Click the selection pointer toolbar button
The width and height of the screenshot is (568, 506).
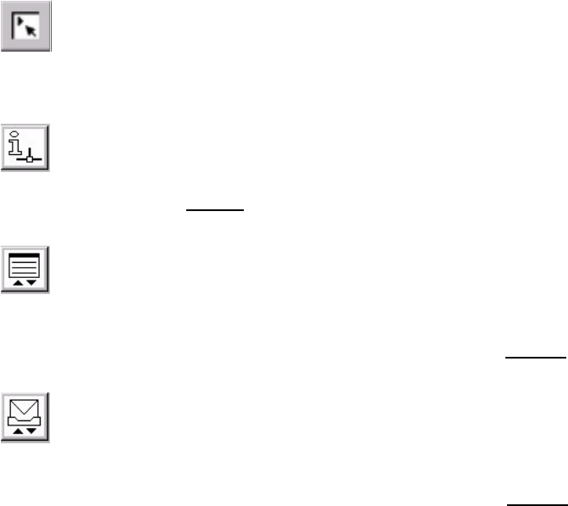[26, 26]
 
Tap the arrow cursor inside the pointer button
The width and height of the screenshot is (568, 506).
[31, 30]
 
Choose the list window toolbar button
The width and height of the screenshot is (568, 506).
[26, 270]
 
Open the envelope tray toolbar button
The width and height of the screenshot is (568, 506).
[26, 417]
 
